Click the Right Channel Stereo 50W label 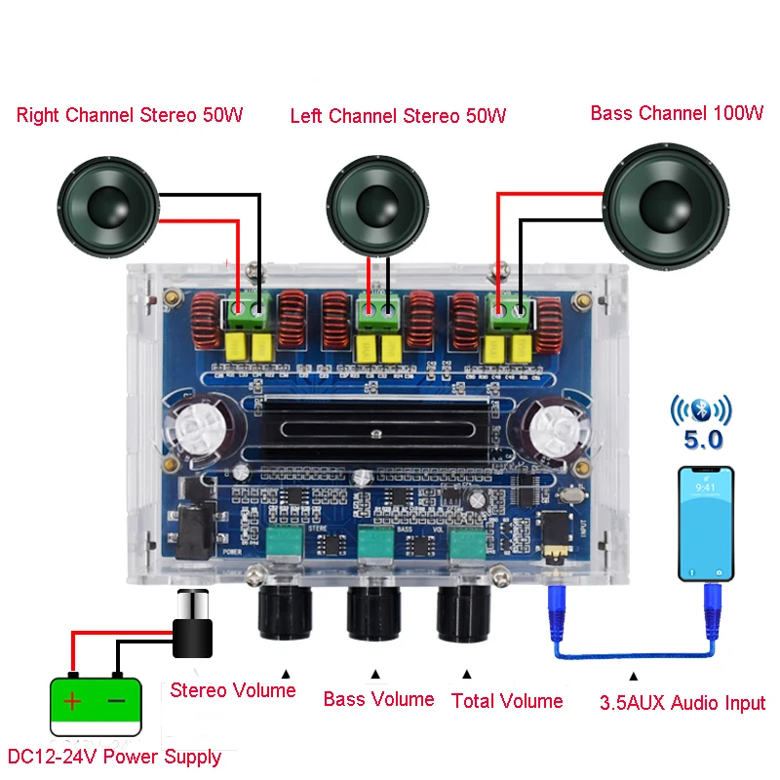coord(129,116)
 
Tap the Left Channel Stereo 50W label coord(398,117)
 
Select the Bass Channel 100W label coord(677,114)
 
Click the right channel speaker coord(107,205)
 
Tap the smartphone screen coord(705,526)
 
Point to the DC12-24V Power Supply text coord(114,757)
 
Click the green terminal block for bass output coord(509,313)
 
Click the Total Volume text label coord(507,701)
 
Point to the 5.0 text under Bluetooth coord(702,441)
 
